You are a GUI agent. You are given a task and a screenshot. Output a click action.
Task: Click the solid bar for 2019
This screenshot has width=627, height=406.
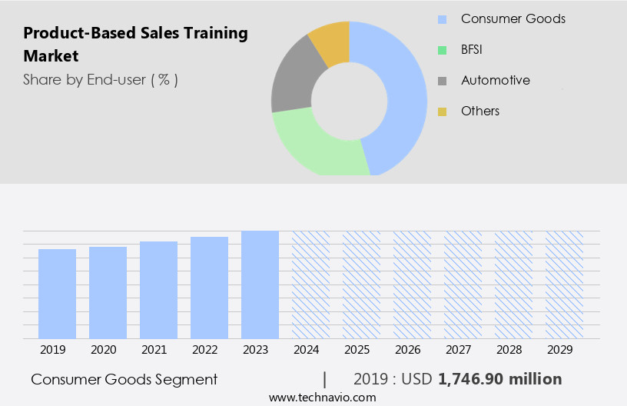click(57, 294)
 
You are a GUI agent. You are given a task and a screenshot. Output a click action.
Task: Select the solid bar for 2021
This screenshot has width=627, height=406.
click(158, 290)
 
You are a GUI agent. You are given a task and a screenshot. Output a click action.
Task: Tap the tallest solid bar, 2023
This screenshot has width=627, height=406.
click(260, 285)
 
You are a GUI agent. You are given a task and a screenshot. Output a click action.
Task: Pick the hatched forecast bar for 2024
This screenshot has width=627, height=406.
click(310, 285)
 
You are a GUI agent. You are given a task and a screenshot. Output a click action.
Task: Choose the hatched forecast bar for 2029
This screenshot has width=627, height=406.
click(564, 285)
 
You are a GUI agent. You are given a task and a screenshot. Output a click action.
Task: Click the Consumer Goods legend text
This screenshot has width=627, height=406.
click(513, 18)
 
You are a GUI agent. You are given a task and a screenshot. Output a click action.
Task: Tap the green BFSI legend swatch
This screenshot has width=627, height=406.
click(442, 50)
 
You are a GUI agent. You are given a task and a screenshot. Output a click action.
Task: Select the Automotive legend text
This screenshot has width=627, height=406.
click(495, 80)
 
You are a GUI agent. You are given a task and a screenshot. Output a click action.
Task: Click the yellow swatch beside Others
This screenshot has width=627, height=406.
click(442, 111)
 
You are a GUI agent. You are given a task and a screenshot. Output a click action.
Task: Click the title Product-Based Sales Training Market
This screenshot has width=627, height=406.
click(135, 45)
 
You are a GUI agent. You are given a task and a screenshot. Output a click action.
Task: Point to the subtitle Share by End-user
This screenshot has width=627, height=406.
click(100, 79)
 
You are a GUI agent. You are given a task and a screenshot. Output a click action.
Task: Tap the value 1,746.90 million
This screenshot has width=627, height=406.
click(499, 379)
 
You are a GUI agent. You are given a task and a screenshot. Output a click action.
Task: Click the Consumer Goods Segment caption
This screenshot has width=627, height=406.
click(124, 379)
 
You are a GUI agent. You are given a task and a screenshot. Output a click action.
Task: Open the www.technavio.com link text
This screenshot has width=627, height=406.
click(322, 398)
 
